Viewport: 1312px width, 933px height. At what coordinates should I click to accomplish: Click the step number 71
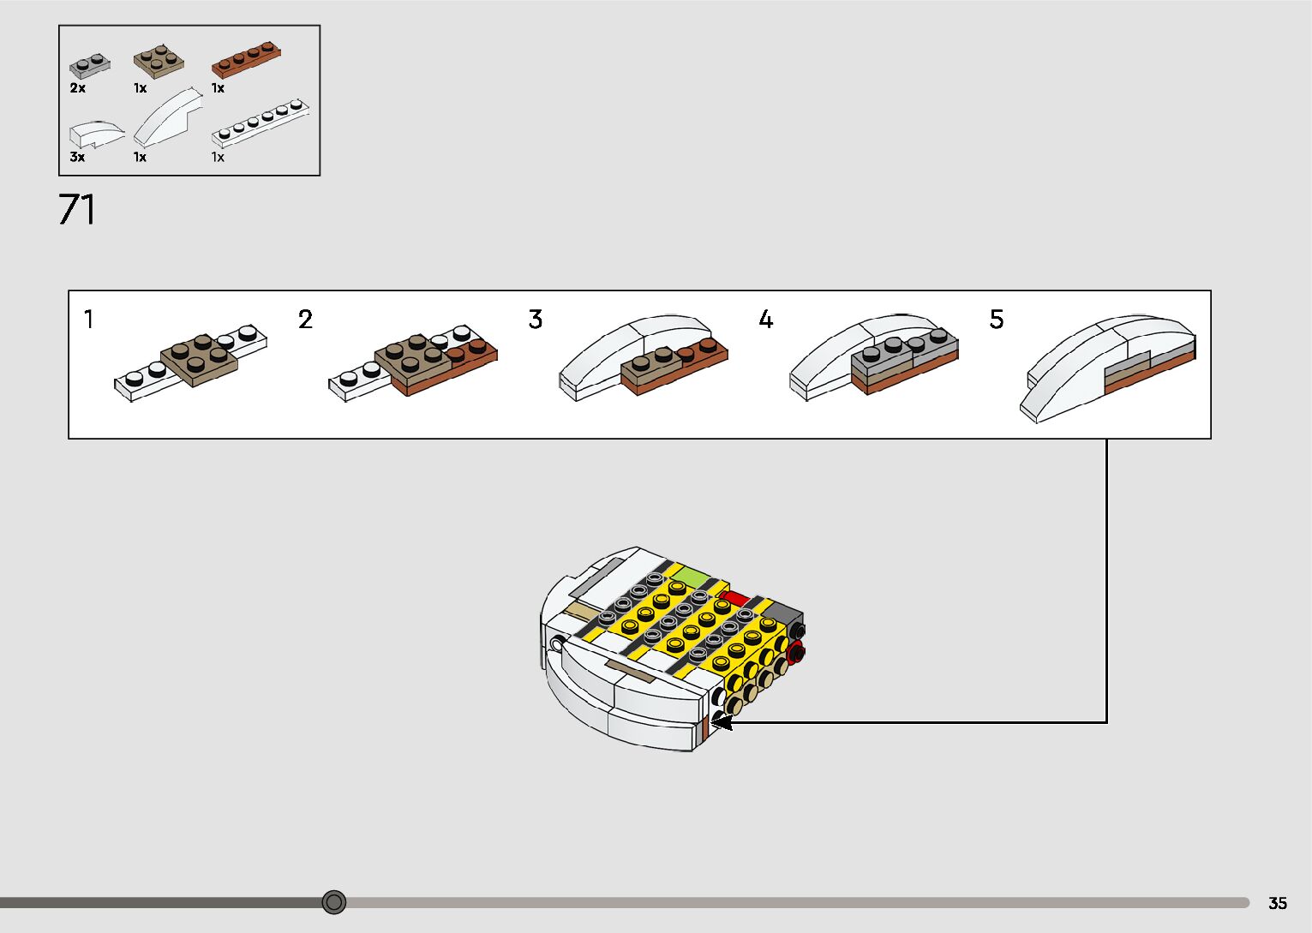coord(76,210)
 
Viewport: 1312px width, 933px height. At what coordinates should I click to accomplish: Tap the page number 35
coord(1277,903)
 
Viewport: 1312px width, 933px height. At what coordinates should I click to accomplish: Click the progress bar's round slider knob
coord(334,901)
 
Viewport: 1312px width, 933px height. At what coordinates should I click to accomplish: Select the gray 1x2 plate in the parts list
coord(90,65)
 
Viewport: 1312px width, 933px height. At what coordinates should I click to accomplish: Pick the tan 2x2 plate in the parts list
coord(159,60)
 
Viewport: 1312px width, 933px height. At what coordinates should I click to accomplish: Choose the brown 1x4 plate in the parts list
coord(246,60)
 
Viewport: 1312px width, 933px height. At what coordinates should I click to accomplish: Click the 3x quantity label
coord(77,157)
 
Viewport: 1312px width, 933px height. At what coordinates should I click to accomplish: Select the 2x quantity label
coord(77,87)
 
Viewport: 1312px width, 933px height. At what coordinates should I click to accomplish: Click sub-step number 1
coord(88,320)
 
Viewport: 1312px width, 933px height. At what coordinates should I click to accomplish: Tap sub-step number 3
coord(536,320)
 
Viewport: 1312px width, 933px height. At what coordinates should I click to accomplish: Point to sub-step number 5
coord(996,320)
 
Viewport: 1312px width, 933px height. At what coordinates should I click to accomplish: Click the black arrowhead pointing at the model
coord(722,722)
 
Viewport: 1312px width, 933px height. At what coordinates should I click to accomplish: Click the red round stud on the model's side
coord(796,653)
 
